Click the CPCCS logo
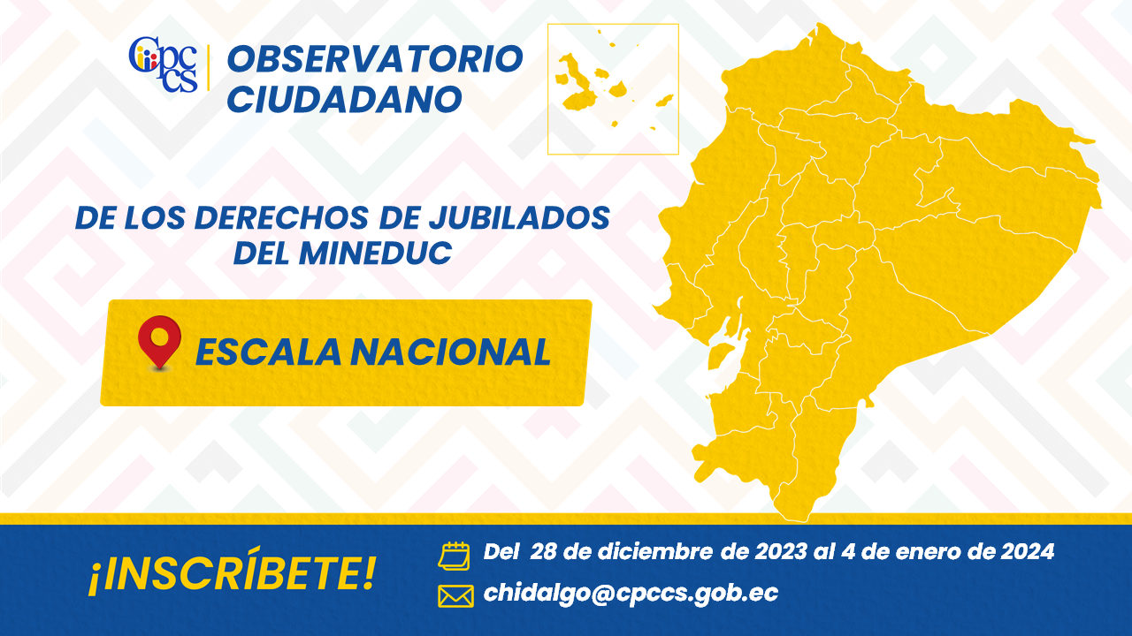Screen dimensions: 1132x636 163,64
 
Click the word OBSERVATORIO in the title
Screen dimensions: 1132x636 375,58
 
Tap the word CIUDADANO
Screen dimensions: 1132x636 344,100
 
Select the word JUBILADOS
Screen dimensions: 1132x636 519,218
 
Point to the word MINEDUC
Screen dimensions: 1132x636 375,253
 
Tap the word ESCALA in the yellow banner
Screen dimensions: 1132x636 268,352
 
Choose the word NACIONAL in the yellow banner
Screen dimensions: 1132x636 451,352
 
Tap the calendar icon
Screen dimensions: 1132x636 454,556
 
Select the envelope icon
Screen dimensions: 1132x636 455,596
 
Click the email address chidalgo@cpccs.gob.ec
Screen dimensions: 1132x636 631,594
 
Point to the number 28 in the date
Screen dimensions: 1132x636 543,552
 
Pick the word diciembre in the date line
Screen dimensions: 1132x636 655,552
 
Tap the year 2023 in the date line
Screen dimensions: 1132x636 781,552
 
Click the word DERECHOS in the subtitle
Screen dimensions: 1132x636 281,218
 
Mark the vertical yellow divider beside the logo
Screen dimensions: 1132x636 208,68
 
